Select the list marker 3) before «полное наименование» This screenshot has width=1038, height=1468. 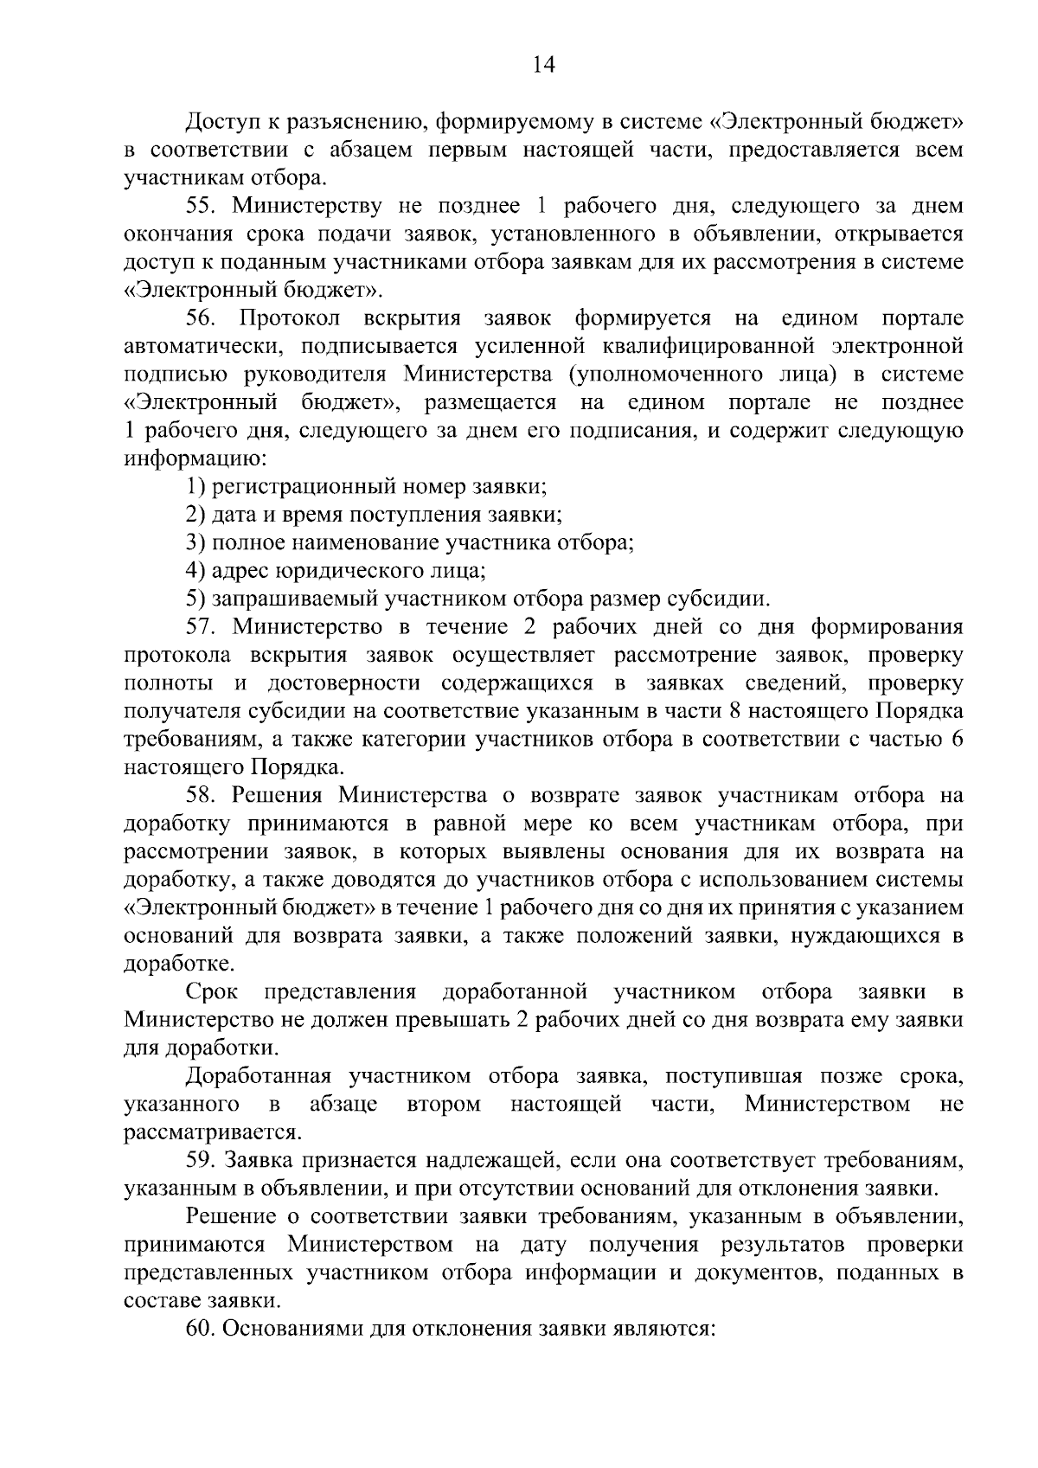[195, 543]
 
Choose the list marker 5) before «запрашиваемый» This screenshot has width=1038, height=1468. [195, 599]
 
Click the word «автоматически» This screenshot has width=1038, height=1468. [202, 347]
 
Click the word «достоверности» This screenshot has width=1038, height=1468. [344, 683]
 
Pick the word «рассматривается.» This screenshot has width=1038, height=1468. [213, 1132]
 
